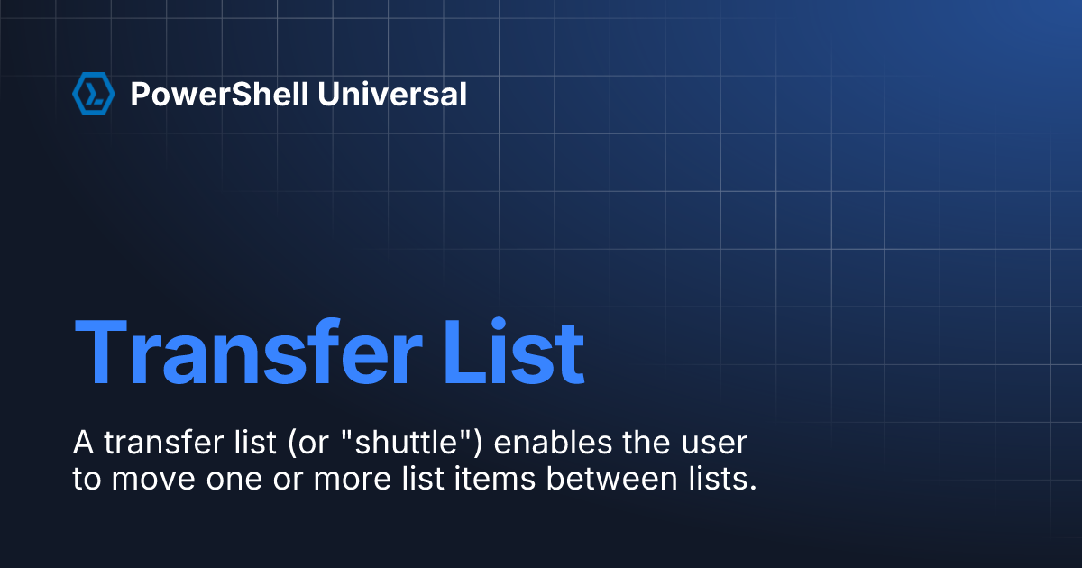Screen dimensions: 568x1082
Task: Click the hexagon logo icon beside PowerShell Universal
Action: tap(93, 94)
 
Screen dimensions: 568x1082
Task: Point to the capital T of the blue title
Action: tap(102, 353)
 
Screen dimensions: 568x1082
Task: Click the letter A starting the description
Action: tap(83, 444)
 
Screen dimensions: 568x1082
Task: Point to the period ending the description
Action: tap(751, 488)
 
